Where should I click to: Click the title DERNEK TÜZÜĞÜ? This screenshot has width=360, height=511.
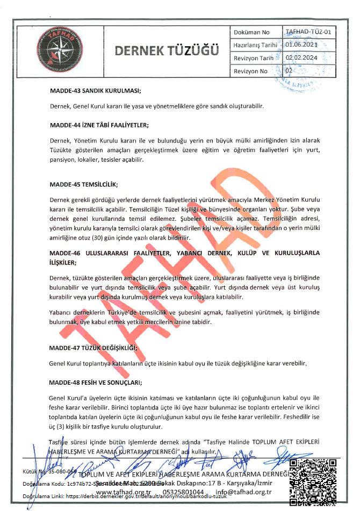(x=167, y=51)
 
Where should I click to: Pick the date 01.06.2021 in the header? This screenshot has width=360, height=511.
(x=302, y=45)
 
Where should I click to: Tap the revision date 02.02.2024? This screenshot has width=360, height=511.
(x=302, y=57)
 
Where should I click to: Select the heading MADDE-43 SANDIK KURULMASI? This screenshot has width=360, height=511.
(x=95, y=90)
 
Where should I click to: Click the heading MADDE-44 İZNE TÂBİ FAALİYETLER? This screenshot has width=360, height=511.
(x=98, y=125)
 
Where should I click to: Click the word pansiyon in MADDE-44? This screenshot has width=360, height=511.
(x=64, y=160)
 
